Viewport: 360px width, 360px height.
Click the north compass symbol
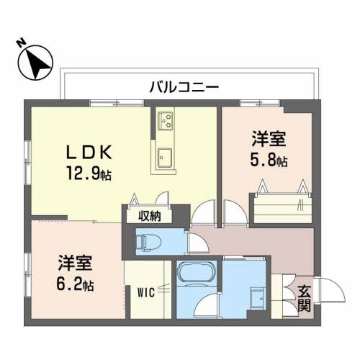coord(35,63)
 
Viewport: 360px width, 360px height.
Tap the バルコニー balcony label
coord(184,87)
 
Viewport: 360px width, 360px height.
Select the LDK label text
coord(89,153)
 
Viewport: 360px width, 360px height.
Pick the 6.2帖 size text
coord(75,284)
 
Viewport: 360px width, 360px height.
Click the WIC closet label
coord(146,292)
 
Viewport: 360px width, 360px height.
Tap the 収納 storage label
coord(149,217)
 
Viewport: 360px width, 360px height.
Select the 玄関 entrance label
coord(304,299)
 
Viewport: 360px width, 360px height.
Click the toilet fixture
coord(144,242)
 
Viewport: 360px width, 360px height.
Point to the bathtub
coord(197,272)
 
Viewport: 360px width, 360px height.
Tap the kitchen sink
coord(165,158)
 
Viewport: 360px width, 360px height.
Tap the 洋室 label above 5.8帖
coord(269,139)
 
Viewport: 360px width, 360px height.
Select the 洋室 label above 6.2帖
coord(75,263)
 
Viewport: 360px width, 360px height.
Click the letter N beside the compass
coord(22,42)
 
